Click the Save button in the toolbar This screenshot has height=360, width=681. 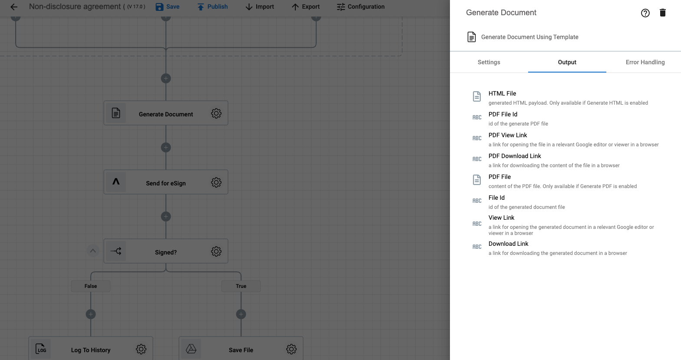[x=168, y=7]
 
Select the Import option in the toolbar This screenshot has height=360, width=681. [x=260, y=7]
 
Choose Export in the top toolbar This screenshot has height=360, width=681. [x=306, y=7]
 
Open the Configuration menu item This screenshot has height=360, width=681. [x=360, y=7]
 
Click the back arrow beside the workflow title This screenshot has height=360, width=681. [x=14, y=7]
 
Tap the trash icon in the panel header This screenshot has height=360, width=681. [x=663, y=13]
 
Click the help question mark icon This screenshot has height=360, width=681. [x=645, y=13]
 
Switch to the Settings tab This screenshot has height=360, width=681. [x=489, y=63]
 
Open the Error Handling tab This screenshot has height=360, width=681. [x=645, y=63]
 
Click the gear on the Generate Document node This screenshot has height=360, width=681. [x=216, y=113]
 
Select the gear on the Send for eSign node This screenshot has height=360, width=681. [x=216, y=182]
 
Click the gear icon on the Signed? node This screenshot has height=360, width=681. [x=216, y=251]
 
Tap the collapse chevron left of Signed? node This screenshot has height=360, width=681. [x=93, y=251]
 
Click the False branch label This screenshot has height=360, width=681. [x=91, y=286]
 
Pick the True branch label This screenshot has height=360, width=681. [x=241, y=286]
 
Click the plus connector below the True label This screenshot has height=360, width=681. [x=241, y=314]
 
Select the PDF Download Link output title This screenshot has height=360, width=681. [x=515, y=156]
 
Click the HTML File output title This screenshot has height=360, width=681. [x=502, y=94]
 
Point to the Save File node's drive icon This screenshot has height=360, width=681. [x=191, y=349]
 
